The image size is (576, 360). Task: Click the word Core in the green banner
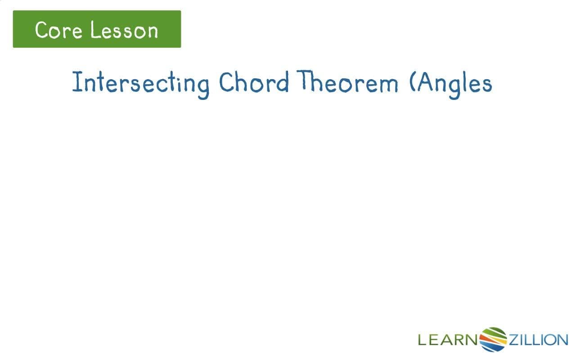coord(57,30)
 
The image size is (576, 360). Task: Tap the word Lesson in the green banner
coord(124,30)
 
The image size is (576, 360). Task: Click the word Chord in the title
coord(254,83)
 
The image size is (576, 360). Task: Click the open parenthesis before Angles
coord(413,83)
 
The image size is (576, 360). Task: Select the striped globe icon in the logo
coord(493,339)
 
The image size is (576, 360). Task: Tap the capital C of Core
coord(42,30)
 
